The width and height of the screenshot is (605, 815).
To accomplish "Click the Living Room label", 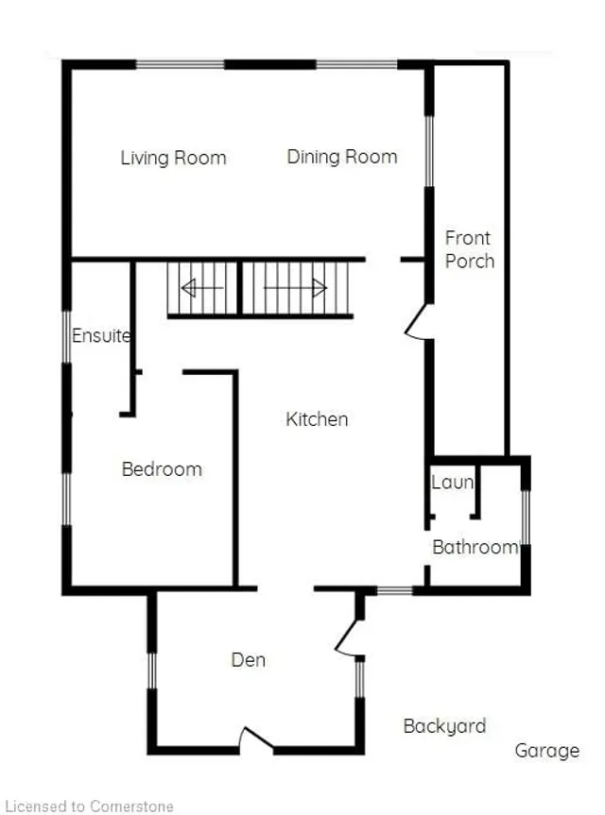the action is tap(173, 158).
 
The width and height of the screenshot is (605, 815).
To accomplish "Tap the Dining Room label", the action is tap(342, 157).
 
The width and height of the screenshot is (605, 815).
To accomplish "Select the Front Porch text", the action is tap(469, 249).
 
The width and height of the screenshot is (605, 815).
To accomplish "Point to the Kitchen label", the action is tap(317, 419).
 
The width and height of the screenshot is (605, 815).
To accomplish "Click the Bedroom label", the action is tap(162, 468).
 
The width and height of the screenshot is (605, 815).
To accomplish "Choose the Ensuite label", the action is tap(101, 336).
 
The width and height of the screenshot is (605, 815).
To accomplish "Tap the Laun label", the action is tap(452, 482).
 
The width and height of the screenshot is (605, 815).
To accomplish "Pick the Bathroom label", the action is tap(475, 547).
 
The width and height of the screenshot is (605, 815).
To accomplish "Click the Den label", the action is tap(248, 660).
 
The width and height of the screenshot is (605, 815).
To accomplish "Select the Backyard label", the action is tap(445, 726).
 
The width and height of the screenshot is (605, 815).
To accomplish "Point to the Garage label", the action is tap(546, 751).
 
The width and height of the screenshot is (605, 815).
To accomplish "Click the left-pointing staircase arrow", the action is tap(202, 287).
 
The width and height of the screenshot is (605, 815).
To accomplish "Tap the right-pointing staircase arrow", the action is tap(296, 287).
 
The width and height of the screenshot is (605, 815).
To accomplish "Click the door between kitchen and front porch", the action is tap(419, 322).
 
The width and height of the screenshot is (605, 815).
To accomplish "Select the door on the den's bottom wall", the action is tap(256, 739).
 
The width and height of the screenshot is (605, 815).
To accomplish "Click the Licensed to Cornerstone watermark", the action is tap(89, 807).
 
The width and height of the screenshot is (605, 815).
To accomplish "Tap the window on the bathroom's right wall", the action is tap(526, 517).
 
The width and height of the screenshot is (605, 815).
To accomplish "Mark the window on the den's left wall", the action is tap(152, 671).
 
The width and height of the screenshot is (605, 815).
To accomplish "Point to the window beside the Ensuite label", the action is tap(66, 337).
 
